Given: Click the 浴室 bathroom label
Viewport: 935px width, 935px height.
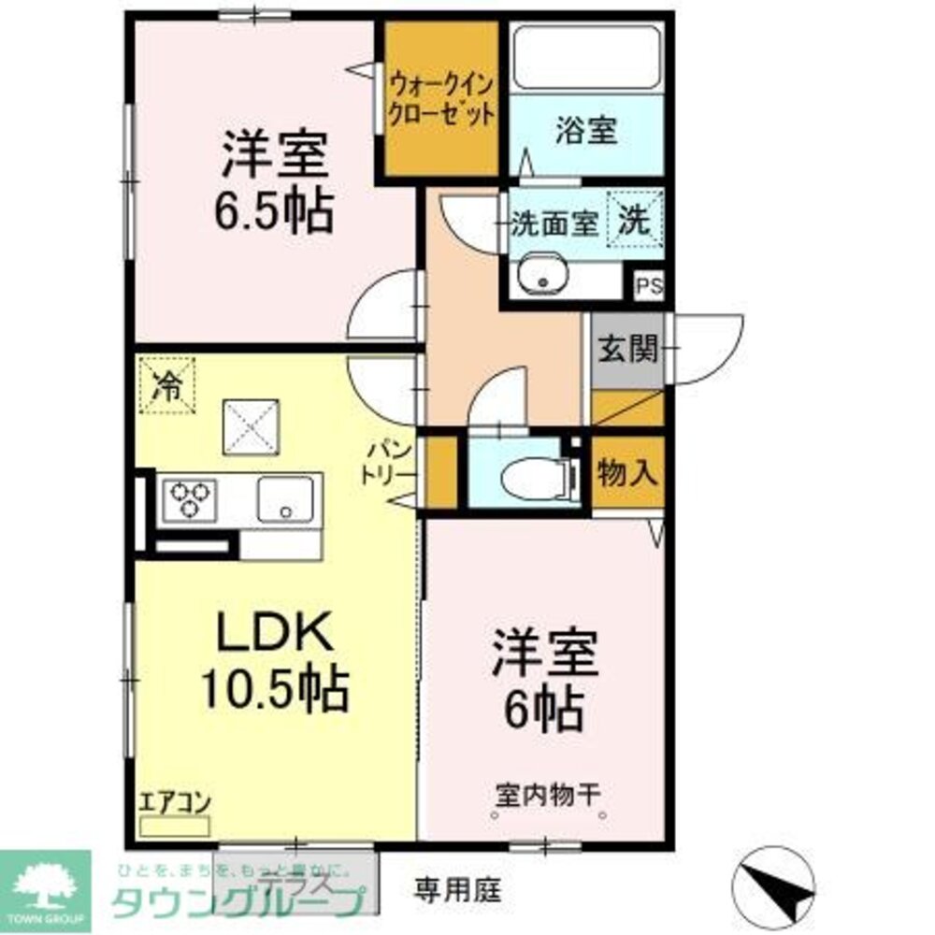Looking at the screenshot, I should tap(586, 132).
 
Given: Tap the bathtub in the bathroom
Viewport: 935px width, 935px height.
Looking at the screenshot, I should tap(586, 58).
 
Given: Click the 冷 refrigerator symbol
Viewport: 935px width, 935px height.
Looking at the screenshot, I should tap(167, 384).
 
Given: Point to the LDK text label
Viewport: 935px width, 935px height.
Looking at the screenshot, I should tap(273, 635).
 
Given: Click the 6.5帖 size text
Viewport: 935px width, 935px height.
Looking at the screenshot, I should tap(272, 211).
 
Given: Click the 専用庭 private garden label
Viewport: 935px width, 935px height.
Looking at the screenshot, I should tap(458, 888).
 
